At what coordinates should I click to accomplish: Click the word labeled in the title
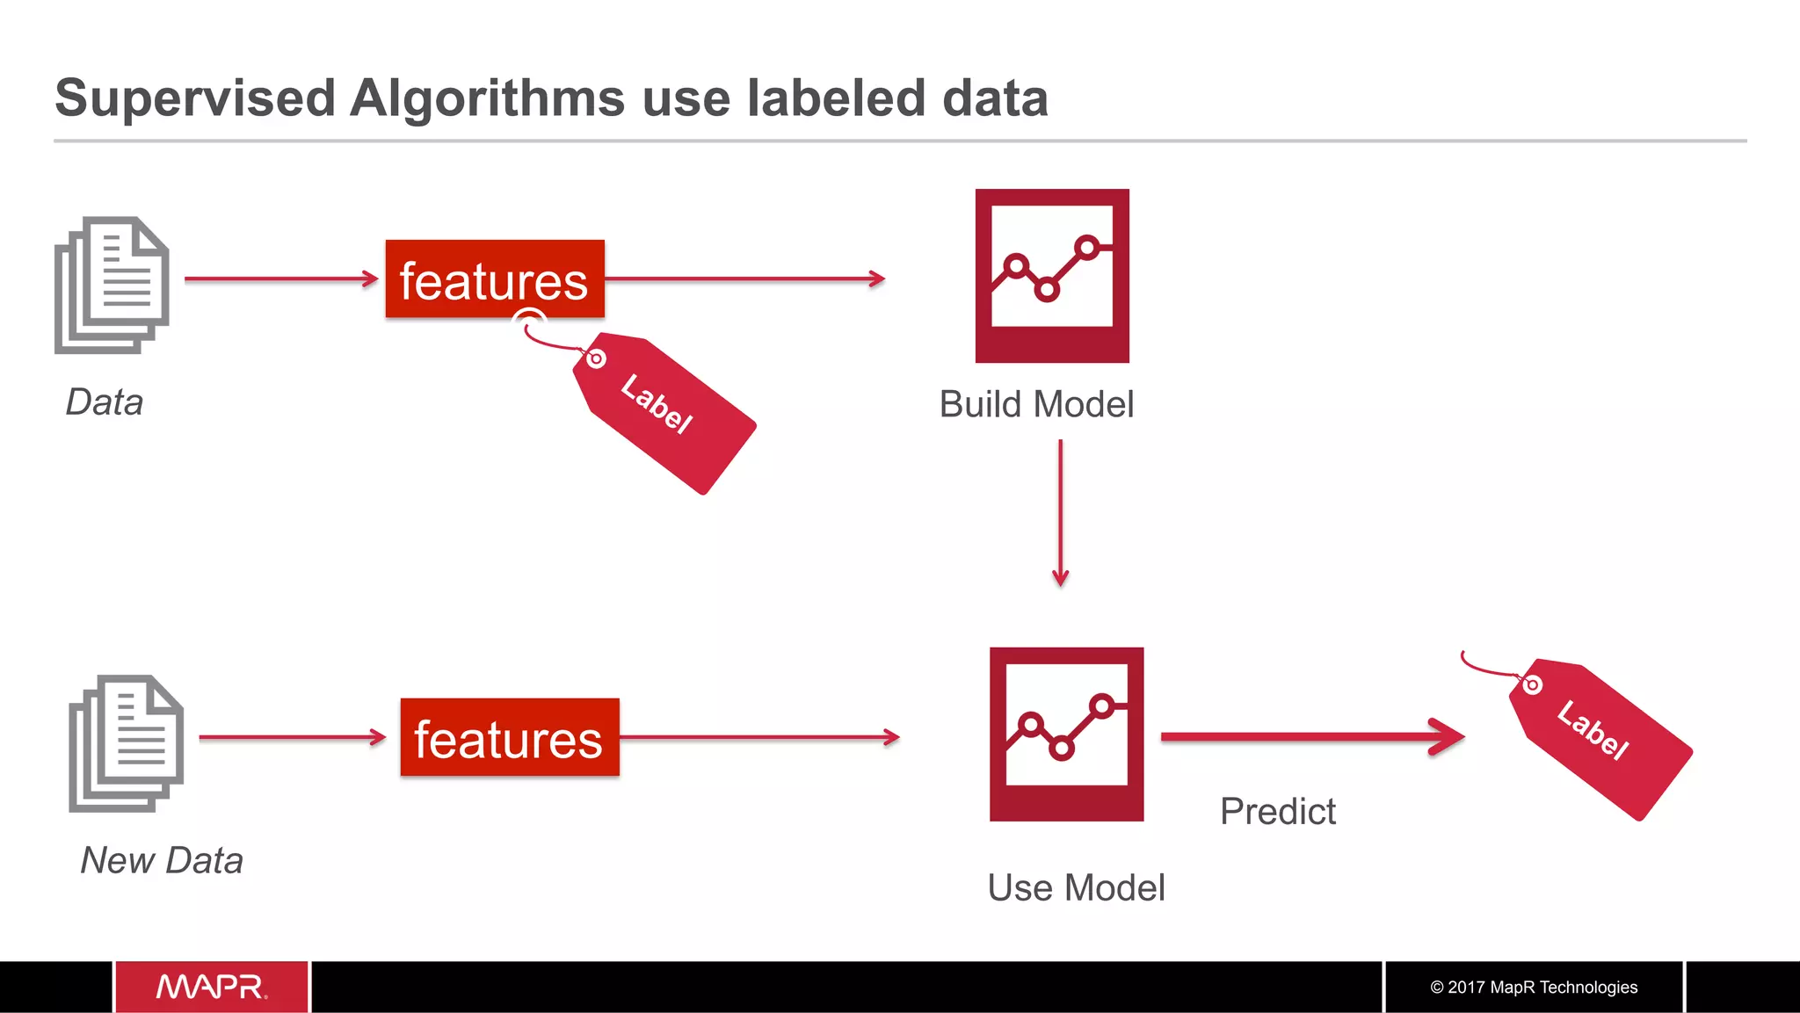pos(836,98)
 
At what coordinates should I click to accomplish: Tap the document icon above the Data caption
pos(112,285)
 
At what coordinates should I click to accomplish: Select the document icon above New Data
pos(127,743)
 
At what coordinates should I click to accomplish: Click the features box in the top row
pos(495,279)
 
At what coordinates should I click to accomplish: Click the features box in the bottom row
pos(510,738)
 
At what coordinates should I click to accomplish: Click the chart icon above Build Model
pos(1052,276)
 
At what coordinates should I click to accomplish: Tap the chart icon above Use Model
pos(1066,734)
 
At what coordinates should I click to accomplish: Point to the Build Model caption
pos(1036,405)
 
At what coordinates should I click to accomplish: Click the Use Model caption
pos(1076,888)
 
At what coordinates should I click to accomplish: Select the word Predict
pos(1277,812)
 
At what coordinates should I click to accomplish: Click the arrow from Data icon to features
pos(280,279)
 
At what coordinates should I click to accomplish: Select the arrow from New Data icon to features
pos(292,738)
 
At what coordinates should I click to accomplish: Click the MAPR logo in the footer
pos(212,987)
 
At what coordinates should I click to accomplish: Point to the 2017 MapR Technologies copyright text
pos(1534,988)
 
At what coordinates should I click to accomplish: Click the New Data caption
pos(162,861)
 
